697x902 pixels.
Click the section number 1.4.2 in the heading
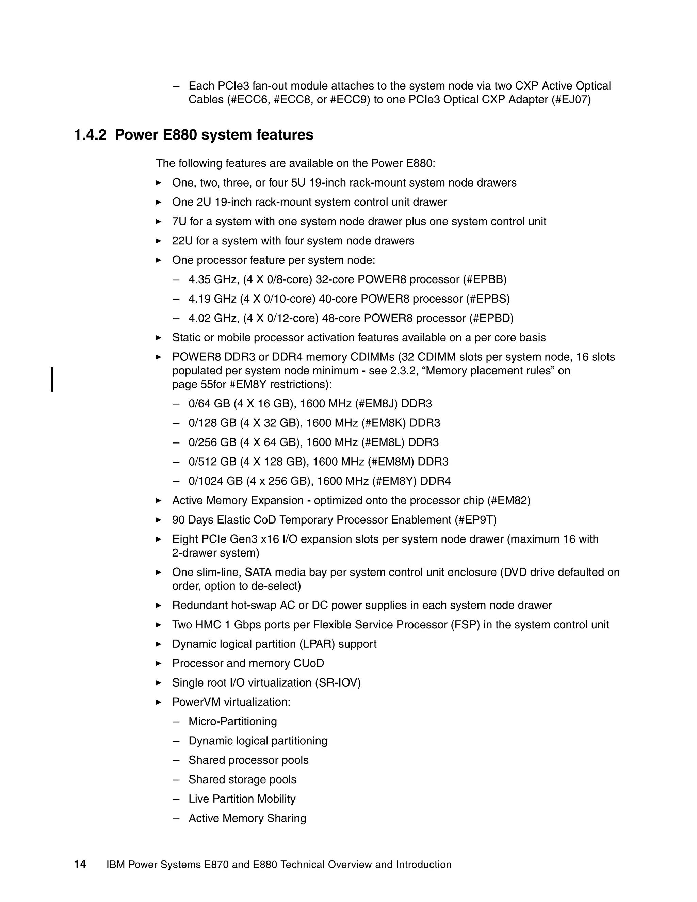tap(90, 135)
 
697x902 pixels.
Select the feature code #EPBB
tap(484, 279)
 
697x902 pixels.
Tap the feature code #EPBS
tap(488, 299)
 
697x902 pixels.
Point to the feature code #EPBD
tap(491, 319)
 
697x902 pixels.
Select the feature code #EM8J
tap(376, 403)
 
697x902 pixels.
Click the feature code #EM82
tap(508, 501)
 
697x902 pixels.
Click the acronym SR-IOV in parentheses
tap(338, 683)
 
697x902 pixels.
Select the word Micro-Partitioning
tap(232, 722)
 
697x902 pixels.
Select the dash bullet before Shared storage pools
tap(177, 779)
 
